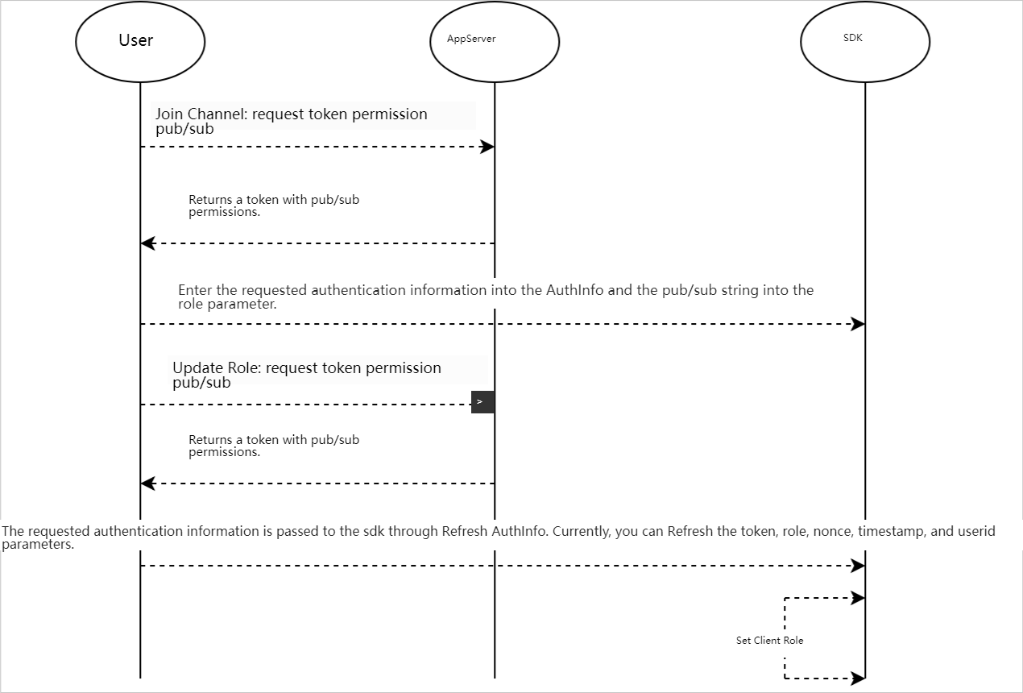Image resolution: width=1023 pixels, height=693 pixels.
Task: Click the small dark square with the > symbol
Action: pyautogui.click(x=483, y=402)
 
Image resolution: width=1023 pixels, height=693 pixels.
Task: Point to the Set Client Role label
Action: pyautogui.click(x=769, y=641)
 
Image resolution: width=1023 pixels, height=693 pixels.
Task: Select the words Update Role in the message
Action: pyautogui.click(x=217, y=368)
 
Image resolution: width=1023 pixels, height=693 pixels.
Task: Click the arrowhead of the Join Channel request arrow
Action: pyautogui.click(x=487, y=147)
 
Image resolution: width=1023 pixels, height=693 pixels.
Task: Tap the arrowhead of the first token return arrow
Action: pyautogui.click(x=148, y=243)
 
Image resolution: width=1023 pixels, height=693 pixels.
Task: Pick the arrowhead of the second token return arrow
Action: pyautogui.click(x=148, y=483)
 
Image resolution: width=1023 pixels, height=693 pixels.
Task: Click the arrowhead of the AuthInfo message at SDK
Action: pyautogui.click(x=858, y=325)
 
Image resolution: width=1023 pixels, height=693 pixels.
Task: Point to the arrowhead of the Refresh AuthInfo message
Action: pyautogui.click(x=858, y=566)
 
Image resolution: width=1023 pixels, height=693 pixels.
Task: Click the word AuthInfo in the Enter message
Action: pyautogui.click(x=575, y=291)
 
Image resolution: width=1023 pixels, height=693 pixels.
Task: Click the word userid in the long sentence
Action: pyautogui.click(x=976, y=531)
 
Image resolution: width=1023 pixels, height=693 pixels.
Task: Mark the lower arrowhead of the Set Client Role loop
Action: pyautogui.click(x=858, y=678)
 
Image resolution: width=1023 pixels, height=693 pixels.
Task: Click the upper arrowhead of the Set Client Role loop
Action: pyautogui.click(x=858, y=598)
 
